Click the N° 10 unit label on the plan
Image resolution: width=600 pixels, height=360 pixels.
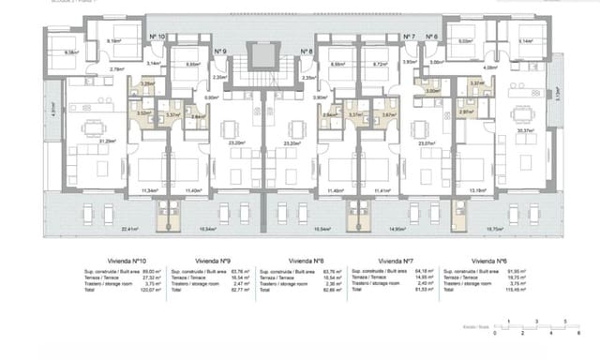tap(157, 37)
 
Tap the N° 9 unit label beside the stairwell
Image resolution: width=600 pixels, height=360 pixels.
tap(219, 52)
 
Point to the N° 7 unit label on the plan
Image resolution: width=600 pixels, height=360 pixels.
tap(409, 37)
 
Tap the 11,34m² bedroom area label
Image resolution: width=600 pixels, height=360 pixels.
tap(148, 190)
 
